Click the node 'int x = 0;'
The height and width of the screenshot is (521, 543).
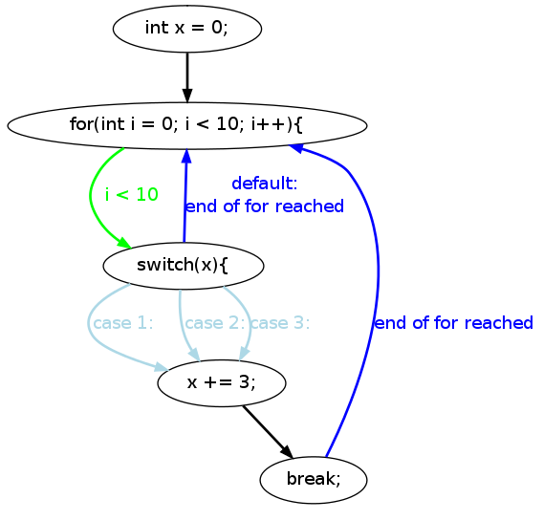click(187, 29)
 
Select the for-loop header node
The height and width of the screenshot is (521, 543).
click(187, 125)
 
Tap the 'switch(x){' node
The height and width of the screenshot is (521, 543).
click(184, 266)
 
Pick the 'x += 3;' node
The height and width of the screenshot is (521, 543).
click(222, 383)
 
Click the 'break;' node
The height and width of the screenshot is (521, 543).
click(314, 480)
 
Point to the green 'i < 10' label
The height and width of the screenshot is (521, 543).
click(132, 195)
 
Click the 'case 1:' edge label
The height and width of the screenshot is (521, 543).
click(123, 323)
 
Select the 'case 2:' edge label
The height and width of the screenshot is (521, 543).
click(215, 323)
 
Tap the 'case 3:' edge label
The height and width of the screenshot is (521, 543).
click(280, 323)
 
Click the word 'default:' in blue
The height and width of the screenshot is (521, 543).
click(265, 184)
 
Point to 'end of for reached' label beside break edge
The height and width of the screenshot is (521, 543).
click(454, 323)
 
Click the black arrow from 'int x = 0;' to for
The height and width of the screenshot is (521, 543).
click(187, 77)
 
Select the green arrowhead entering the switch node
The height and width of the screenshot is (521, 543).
click(124, 243)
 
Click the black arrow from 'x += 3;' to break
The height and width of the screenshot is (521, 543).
click(268, 432)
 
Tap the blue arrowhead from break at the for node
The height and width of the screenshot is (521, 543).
click(296, 148)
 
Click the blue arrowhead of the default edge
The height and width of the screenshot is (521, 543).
click(186, 156)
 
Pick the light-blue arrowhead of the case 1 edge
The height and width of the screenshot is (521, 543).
click(162, 367)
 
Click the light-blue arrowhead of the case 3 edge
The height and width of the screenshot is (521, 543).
click(244, 355)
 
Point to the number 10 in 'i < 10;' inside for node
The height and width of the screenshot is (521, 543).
click(228, 124)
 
